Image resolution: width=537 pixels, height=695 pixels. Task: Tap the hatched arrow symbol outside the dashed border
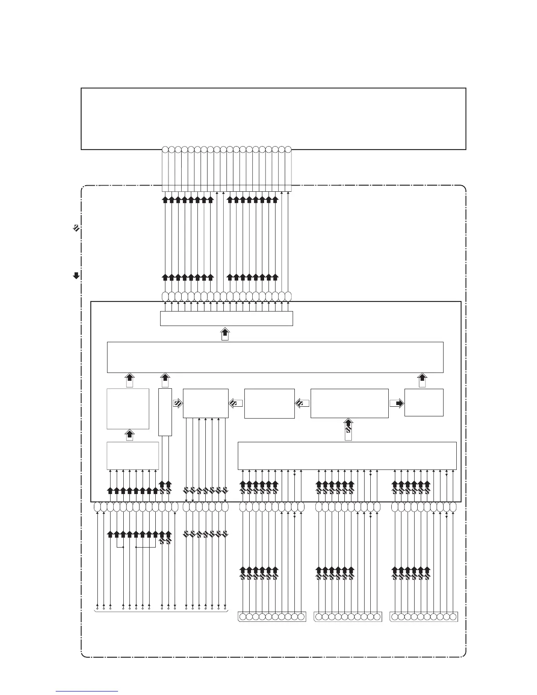pyautogui.click(x=76, y=228)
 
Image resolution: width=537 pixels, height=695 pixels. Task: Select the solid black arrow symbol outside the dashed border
pyautogui.click(x=76, y=276)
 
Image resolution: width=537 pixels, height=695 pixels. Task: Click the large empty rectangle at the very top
pyautogui.click(x=273, y=118)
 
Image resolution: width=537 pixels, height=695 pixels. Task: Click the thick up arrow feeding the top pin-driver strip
pyautogui.click(x=225, y=333)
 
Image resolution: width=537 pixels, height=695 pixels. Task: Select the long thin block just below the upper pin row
pyautogui.click(x=226, y=319)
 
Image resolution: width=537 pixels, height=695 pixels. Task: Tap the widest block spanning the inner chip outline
pyautogui.click(x=275, y=357)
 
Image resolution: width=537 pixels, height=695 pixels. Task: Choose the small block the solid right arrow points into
pyautogui.click(x=424, y=402)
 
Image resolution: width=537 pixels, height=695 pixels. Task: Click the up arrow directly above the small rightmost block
pyautogui.click(x=422, y=380)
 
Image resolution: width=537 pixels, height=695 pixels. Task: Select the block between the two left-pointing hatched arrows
pyautogui.click(x=269, y=403)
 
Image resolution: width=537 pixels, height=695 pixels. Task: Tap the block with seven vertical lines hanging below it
pyautogui.click(x=205, y=403)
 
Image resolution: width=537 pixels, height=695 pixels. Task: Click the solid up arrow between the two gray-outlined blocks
pyautogui.click(x=129, y=435)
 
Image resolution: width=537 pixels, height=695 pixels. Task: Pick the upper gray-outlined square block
pyautogui.click(x=128, y=408)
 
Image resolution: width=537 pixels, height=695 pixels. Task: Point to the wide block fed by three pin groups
pyautogui.click(x=347, y=456)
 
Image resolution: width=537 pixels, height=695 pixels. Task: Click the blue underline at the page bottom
pyautogui.click(x=87, y=691)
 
